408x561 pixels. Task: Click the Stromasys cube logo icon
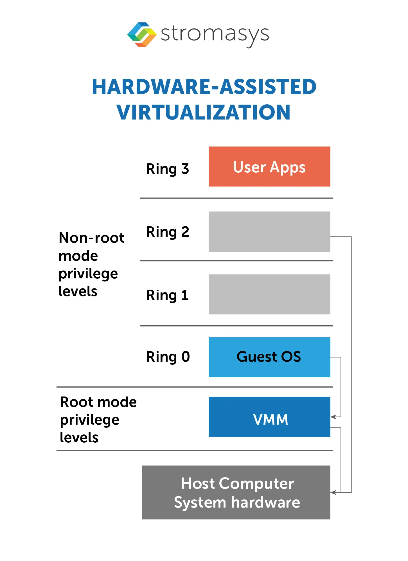[142, 34]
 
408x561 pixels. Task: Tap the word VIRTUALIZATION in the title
[204, 112]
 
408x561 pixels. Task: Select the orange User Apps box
[269, 166]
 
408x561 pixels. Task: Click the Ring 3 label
[168, 169]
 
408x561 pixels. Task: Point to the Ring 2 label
[168, 232]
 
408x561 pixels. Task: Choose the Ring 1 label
[168, 295]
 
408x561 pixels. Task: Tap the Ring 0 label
[168, 357]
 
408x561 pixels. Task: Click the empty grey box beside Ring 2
[269, 231]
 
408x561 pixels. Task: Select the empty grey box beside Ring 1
[269, 294]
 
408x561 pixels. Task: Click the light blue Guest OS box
[269, 357]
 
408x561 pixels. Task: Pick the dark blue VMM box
[269, 417]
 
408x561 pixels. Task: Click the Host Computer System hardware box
[236, 492]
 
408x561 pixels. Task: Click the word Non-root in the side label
[91, 238]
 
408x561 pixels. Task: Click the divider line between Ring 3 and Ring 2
[236, 198]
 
